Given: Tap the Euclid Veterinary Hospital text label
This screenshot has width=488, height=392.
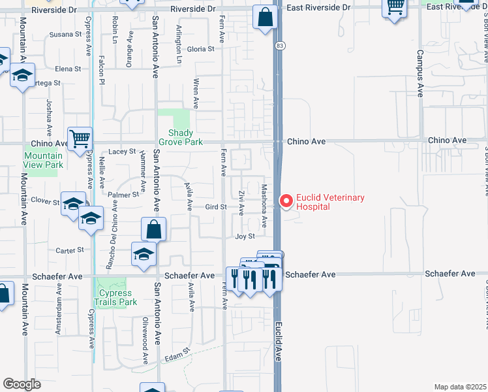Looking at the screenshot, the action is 330,202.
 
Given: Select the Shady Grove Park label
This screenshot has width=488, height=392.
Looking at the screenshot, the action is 181,137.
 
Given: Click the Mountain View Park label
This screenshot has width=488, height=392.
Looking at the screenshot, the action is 43,160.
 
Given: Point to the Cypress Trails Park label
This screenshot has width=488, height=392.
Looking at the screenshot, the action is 115,297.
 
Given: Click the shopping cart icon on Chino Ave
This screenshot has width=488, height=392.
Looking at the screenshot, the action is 80,139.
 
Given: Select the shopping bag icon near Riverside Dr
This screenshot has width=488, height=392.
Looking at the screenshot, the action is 265,18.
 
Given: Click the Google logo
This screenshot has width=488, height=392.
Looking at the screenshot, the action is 22,384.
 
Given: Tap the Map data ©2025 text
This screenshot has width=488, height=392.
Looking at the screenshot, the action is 459,387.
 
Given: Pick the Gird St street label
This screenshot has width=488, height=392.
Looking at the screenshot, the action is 215,207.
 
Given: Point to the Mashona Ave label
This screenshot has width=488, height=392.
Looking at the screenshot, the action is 265,205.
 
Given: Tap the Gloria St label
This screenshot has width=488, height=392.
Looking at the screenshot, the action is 200,49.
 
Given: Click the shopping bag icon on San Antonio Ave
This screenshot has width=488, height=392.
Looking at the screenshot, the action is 154,230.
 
